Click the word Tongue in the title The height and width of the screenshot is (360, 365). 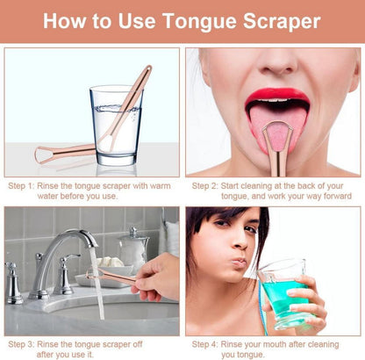[200, 22]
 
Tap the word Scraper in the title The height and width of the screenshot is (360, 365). [282, 22]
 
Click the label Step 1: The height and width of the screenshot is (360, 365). [21, 186]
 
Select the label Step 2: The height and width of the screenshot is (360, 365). [205, 186]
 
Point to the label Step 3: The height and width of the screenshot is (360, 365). [21, 344]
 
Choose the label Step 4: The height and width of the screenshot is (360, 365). [205, 344]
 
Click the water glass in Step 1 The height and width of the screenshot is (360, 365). [116, 126]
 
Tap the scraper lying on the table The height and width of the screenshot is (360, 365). [65, 153]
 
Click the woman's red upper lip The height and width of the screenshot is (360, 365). [276, 95]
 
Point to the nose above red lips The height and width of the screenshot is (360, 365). [278, 63]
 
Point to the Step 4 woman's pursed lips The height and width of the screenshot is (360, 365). [240, 262]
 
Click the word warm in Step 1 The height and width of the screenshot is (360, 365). [160, 186]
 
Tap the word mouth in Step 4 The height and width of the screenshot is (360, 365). [276, 344]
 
